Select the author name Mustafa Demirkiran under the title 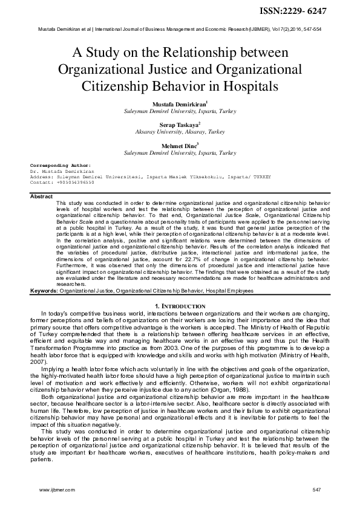179,105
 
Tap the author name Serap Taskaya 179,124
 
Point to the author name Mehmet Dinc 179,146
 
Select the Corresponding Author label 60,164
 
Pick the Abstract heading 41,196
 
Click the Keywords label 44,291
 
